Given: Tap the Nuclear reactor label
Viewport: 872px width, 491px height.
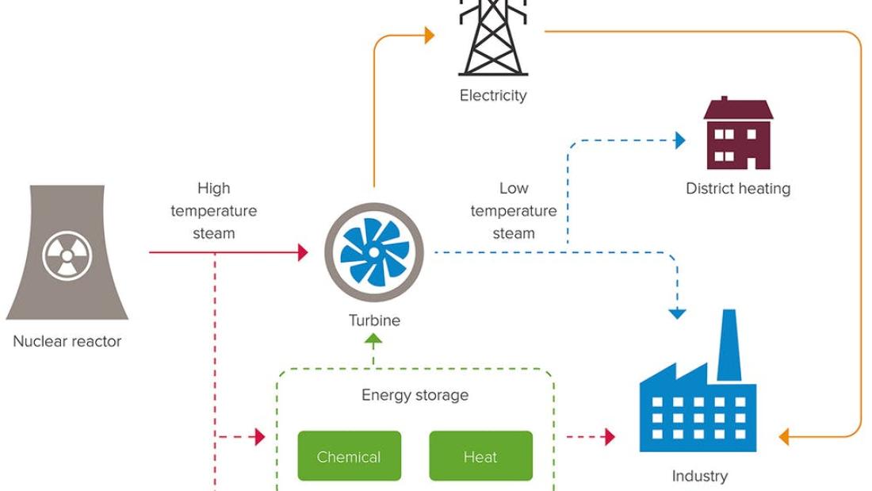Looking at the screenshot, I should click(67, 342).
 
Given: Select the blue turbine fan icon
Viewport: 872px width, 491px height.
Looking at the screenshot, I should click(373, 253).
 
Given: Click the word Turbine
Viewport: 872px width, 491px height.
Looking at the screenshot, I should click(374, 320).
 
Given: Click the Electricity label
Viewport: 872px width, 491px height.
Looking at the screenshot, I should click(493, 96).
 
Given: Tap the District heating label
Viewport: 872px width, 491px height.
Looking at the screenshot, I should click(738, 189).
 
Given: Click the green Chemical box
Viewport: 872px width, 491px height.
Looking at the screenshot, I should click(349, 456).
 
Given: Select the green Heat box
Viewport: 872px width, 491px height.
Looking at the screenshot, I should click(480, 456).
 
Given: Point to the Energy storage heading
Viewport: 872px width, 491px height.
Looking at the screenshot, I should click(415, 395).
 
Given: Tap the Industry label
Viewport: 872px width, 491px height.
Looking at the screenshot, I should click(699, 476).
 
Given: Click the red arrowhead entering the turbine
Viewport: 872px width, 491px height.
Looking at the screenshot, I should click(303, 253).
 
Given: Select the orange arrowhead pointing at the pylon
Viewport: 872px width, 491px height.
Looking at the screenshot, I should click(430, 35).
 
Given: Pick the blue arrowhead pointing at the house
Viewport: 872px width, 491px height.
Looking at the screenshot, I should click(679, 141).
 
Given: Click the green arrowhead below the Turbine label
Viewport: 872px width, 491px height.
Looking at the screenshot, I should click(373, 339).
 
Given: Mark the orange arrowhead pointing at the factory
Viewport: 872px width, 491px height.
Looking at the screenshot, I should click(784, 436).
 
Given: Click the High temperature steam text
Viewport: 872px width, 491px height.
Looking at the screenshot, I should click(214, 211).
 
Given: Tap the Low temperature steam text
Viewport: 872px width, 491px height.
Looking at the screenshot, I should click(514, 211).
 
